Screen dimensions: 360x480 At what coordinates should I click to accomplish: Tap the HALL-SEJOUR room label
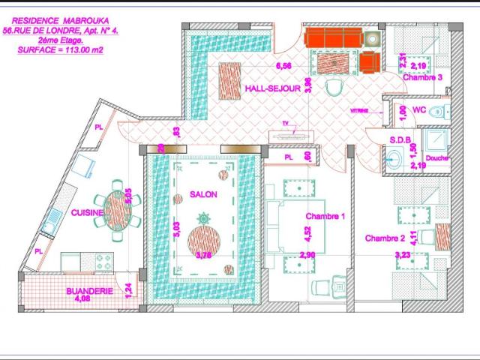click(x=272, y=88)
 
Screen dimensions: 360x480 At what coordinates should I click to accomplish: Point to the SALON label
click(x=203, y=194)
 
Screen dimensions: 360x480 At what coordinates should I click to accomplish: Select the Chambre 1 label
click(x=325, y=216)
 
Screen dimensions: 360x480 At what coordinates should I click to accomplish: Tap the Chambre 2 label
click(x=385, y=238)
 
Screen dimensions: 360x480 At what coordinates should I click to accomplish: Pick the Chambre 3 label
click(x=422, y=77)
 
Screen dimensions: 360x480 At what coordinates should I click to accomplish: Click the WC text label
click(x=420, y=110)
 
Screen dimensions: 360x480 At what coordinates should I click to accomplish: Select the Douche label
click(x=436, y=158)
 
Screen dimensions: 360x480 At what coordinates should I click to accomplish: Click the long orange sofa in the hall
click(x=333, y=37)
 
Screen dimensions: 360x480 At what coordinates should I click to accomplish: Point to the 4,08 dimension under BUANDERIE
click(x=82, y=298)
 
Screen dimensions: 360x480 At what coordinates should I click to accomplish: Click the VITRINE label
click(x=359, y=110)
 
